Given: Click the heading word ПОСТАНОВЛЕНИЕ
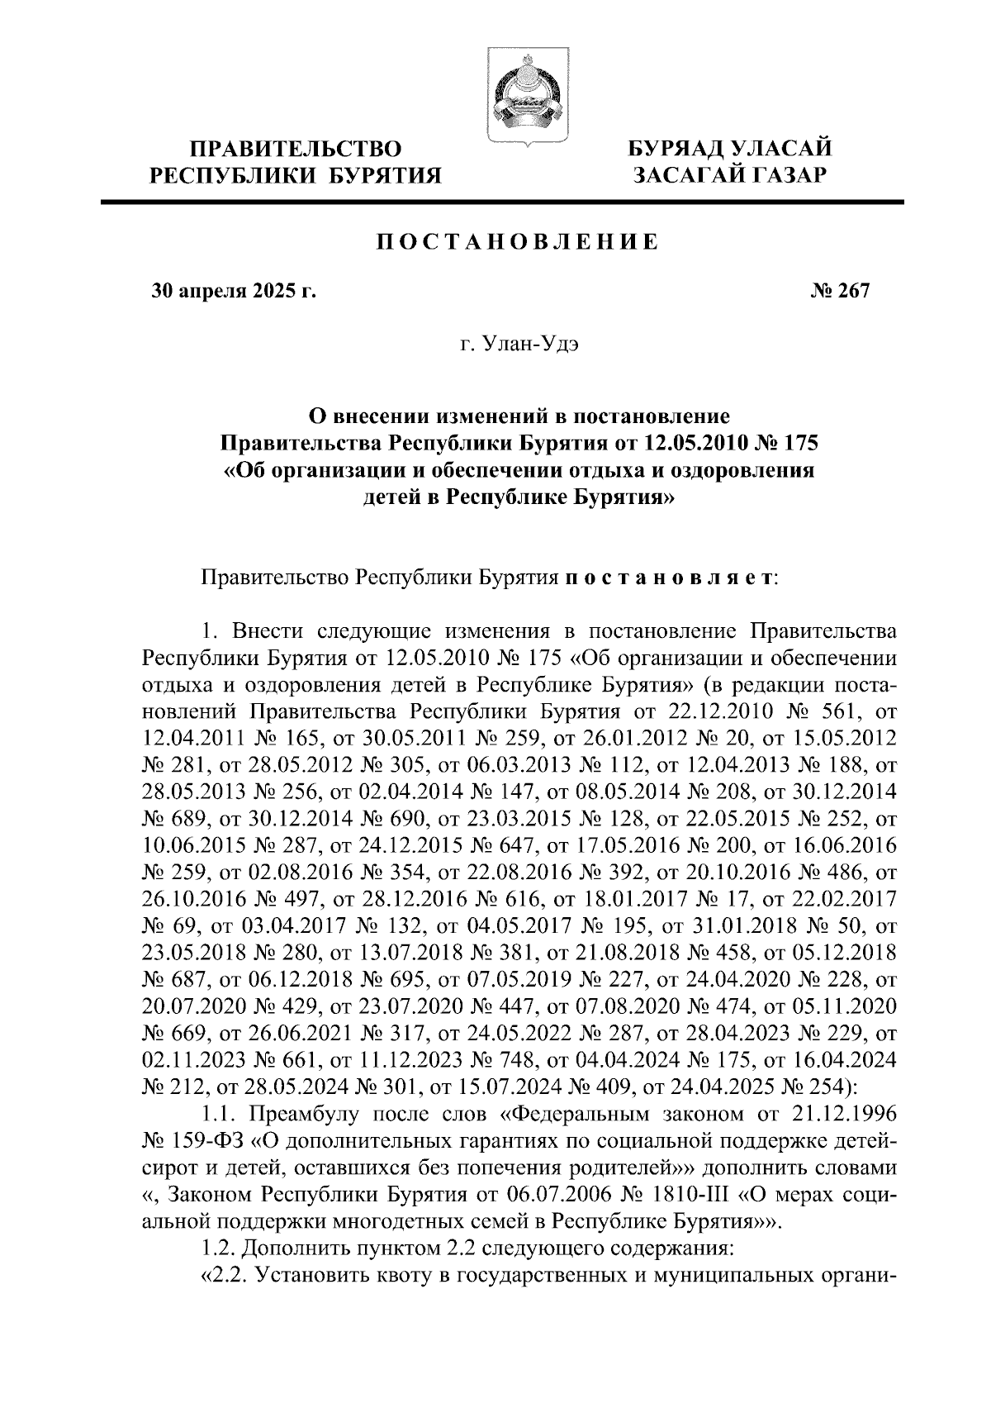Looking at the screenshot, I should pyautogui.click(x=518, y=242).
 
